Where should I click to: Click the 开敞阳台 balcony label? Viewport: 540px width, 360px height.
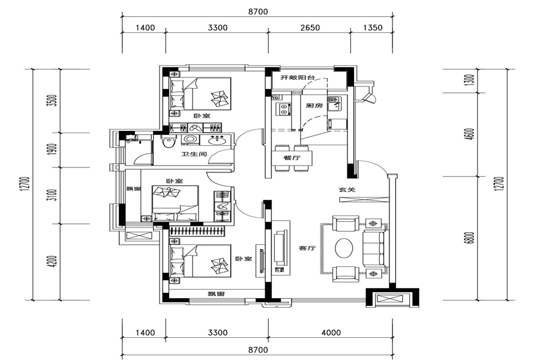click(x=299, y=78)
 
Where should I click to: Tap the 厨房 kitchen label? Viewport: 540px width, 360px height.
click(x=314, y=106)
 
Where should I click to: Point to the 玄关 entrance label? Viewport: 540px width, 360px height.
click(x=347, y=190)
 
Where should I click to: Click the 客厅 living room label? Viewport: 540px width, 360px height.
click(x=308, y=248)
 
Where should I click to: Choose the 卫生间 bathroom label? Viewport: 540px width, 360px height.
click(x=194, y=155)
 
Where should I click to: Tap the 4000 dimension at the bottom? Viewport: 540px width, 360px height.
click(x=331, y=332)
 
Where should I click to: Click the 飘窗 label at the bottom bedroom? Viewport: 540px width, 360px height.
click(x=215, y=294)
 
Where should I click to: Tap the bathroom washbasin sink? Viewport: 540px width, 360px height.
click(x=217, y=141)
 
